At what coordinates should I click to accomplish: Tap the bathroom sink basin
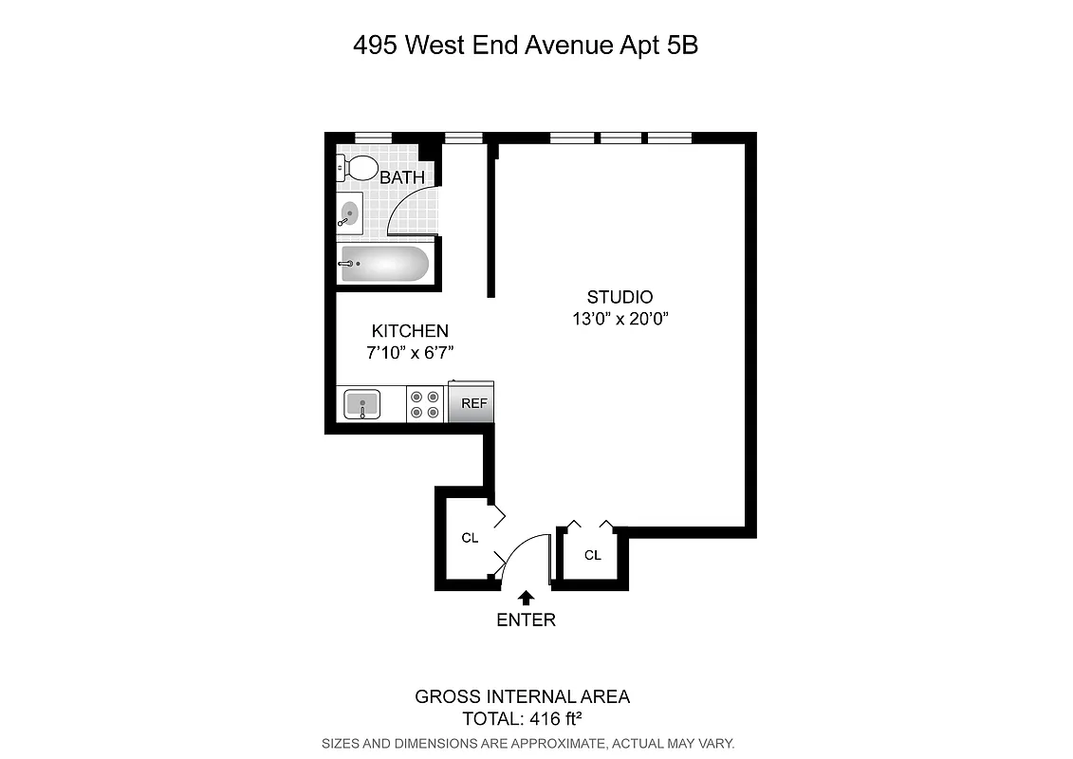(x=349, y=212)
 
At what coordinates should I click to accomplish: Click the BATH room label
(x=402, y=177)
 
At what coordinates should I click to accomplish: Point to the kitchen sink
(x=361, y=404)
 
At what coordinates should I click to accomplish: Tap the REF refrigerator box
(x=473, y=403)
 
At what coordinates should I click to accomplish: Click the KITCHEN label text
(x=409, y=331)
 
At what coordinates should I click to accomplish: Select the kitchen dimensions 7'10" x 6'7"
(x=409, y=353)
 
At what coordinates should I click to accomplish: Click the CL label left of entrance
(x=469, y=538)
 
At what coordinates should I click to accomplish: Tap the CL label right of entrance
(x=593, y=555)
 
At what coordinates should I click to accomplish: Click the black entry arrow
(x=526, y=597)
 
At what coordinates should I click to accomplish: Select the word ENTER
(x=526, y=620)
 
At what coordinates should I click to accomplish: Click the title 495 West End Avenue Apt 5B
(x=526, y=45)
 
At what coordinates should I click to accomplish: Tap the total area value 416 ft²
(x=549, y=718)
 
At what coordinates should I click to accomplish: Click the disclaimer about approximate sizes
(x=528, y=743)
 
